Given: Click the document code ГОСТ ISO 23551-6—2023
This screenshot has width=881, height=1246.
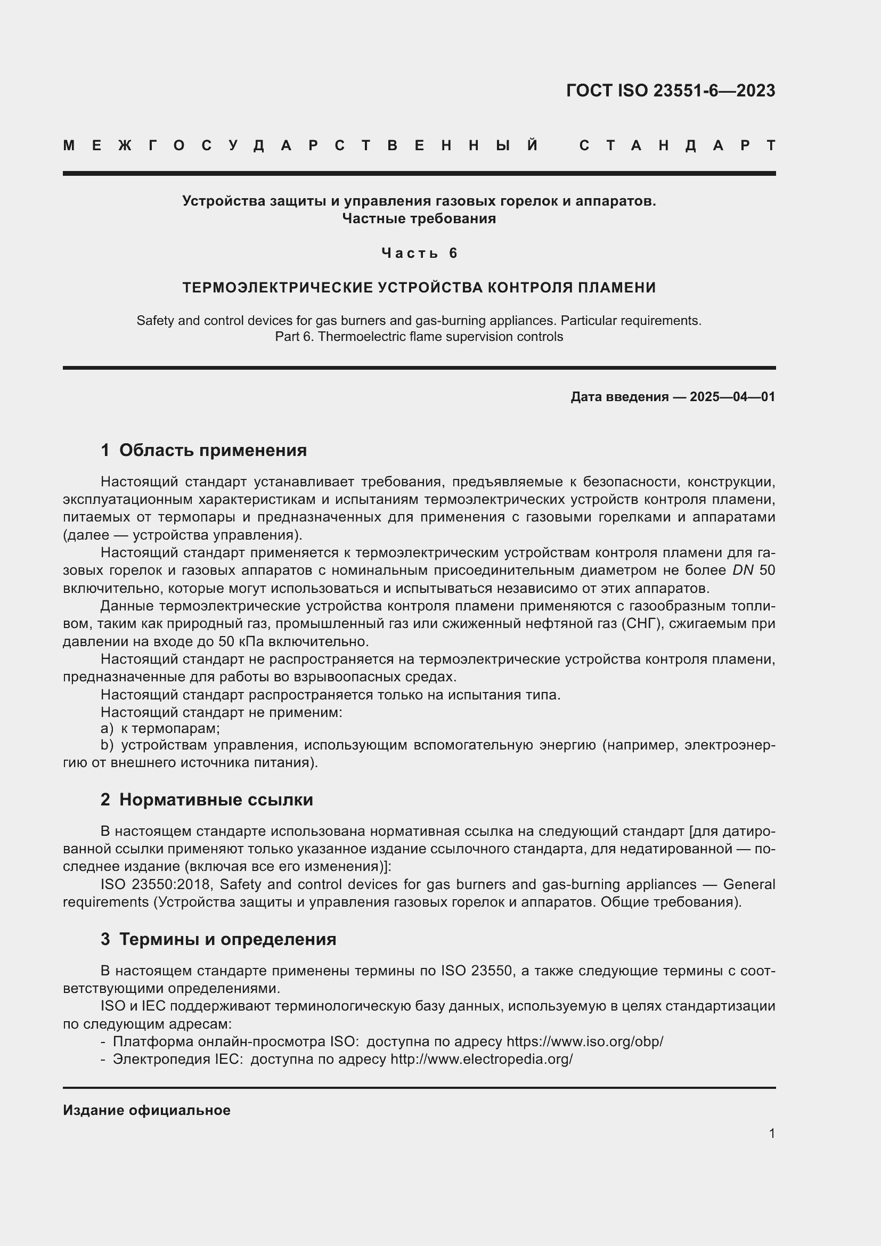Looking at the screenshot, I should tap(671, 91).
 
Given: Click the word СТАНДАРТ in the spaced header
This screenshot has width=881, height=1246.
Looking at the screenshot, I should tap(678, 146).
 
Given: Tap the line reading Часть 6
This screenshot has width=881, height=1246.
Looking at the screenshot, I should tap(419, 253).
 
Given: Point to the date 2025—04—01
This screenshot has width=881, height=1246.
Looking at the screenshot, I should tap(732, 397).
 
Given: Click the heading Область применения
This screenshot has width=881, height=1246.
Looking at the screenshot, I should tap(213, 450).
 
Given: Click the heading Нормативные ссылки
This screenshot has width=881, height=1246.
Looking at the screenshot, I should tap(216, 800).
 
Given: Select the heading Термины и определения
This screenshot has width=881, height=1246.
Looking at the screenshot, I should tap(227, 939).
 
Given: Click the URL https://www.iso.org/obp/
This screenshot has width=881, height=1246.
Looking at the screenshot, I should tap(585, 1041).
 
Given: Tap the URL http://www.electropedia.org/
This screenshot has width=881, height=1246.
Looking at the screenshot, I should tap(481, 1060).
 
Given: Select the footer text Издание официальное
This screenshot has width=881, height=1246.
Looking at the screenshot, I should tap(146, 1110).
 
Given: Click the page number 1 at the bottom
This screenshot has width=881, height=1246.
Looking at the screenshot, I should tap(772, 1133).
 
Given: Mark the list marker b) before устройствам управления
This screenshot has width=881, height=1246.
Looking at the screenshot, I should tap(107, 746).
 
